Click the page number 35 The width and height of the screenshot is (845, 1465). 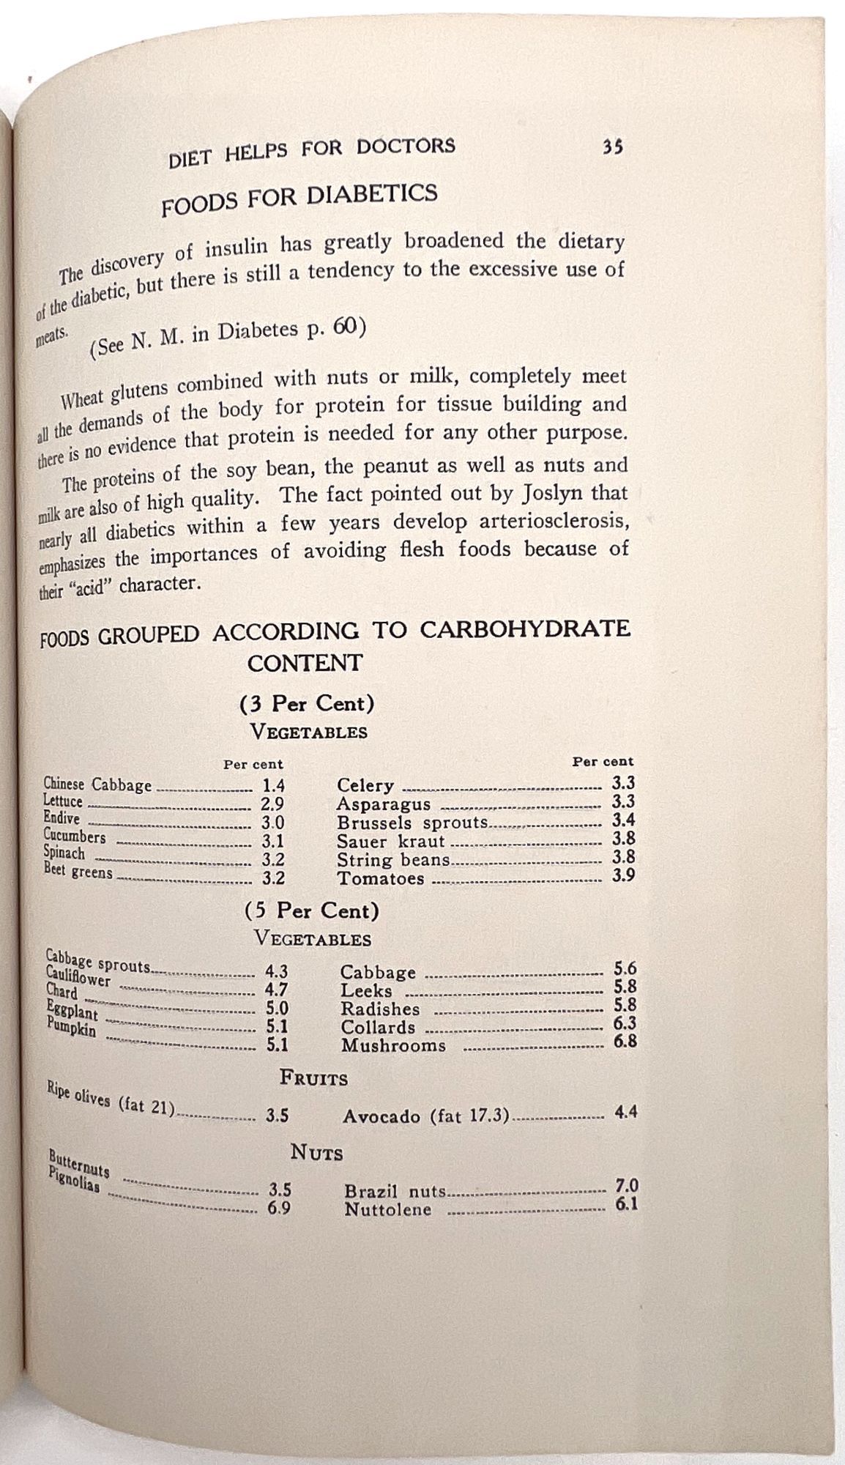(612, 146)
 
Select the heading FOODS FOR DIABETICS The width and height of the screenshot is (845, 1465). (299, 198)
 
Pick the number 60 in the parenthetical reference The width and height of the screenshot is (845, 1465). (345, 327)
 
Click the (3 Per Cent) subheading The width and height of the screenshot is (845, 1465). (307, 704)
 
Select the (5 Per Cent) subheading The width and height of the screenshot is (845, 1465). (311, 910)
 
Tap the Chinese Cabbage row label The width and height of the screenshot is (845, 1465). (97, 785)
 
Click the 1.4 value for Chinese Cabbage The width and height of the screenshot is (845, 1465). (273, 787)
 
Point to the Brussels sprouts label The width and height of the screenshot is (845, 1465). (412, 823)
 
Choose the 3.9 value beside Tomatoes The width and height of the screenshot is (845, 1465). (623, 875)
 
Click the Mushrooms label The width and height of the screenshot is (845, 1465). (393, 1045)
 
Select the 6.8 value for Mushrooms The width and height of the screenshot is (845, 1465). (625, 1041)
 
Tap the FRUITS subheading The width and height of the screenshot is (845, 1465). (313, 1078)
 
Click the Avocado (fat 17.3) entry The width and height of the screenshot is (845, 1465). (425, 1116)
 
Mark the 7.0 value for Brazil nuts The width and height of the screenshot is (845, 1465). (627, 1186)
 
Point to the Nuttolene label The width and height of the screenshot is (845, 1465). (388, 1209)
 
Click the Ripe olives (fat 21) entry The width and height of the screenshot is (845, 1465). (111, 1105)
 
